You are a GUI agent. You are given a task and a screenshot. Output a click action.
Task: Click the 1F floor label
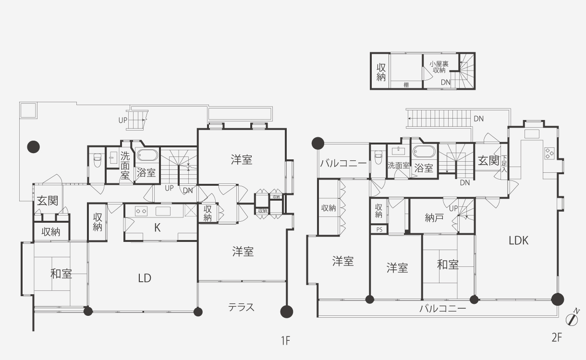[285, 341]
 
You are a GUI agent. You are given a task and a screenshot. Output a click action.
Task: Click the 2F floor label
[556, 337]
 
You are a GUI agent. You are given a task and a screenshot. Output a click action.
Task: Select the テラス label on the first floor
[241, 307]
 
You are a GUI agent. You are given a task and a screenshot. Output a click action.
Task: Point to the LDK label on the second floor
[518, 240]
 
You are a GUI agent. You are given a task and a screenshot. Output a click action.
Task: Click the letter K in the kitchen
[157, 228]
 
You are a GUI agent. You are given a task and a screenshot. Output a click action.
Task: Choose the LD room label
[144, 278]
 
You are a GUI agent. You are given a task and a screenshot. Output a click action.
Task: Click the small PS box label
[379, 229]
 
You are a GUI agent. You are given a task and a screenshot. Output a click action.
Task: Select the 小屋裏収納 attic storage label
[439, 67]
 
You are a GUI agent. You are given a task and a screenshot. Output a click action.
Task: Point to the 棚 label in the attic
[406, 85]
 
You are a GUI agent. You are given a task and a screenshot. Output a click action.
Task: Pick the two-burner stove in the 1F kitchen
[141, 210]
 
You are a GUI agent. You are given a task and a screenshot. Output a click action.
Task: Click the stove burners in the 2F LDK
[549, 153]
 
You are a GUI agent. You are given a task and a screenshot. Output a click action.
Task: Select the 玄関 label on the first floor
[47, 201]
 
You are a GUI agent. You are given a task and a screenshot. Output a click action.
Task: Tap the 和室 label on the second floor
[447, 264]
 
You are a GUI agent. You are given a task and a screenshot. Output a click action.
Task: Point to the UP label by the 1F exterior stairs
[122, 120]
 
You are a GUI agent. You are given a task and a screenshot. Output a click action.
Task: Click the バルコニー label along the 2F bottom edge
[442, 309]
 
